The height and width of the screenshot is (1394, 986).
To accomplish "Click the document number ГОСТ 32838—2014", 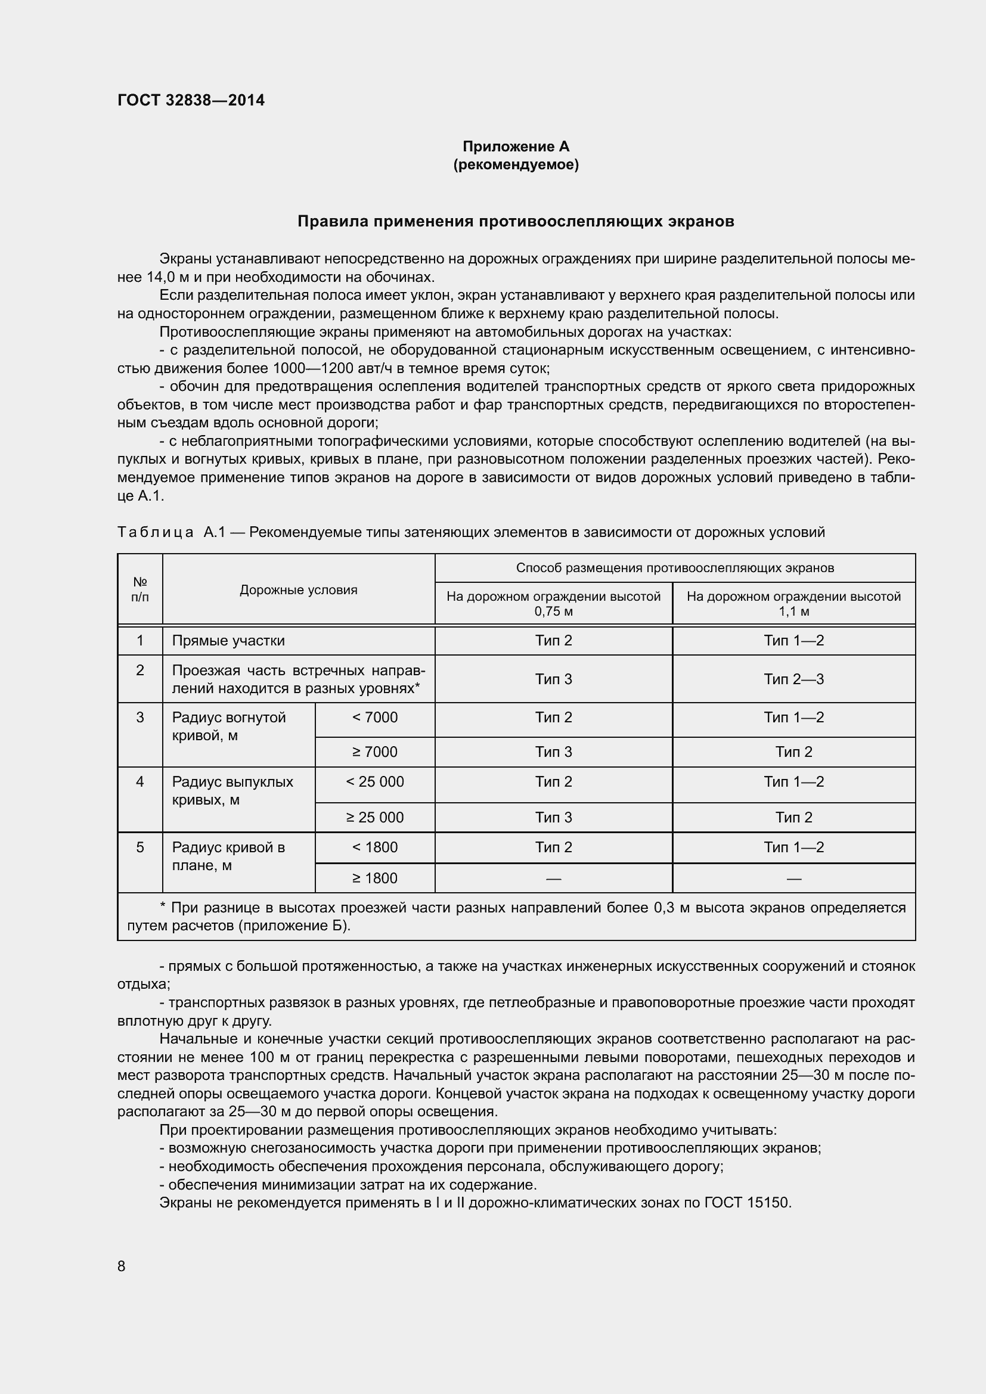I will [x=191, y=100].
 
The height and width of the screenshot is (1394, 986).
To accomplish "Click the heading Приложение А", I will [x=516, y=147].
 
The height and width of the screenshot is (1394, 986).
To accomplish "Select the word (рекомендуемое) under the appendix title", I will [x=516, y=164].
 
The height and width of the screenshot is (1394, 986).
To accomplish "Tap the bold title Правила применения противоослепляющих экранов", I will [x=516, y=222].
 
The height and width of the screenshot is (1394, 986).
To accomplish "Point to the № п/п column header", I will [x=139, y=589].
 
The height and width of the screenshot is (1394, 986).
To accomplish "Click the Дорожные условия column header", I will [x=298, y=589].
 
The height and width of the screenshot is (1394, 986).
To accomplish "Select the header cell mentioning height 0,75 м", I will [x=553, y=604].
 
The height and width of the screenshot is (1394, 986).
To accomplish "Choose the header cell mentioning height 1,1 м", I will [x=793, y=604].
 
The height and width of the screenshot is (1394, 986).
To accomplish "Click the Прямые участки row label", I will [x=228, y=641].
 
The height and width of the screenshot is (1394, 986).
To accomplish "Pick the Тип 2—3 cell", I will [x=793, y=679].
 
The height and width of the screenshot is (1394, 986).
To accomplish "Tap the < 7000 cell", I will [x=374, y=717].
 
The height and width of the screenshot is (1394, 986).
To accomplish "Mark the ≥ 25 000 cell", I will [x=374, y=817].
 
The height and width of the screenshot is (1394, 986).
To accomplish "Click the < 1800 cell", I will [x=374, y=847].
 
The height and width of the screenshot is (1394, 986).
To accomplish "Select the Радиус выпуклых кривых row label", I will [x=232, y=790].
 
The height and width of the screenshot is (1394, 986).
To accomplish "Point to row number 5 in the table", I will [x=139, y=847].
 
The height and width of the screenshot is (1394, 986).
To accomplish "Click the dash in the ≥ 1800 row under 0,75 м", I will [x=553, y=878].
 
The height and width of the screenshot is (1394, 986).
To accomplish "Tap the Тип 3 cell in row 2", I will [x=553, y=679].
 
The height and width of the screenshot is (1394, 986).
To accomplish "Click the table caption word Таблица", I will [x=156, y=532].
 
